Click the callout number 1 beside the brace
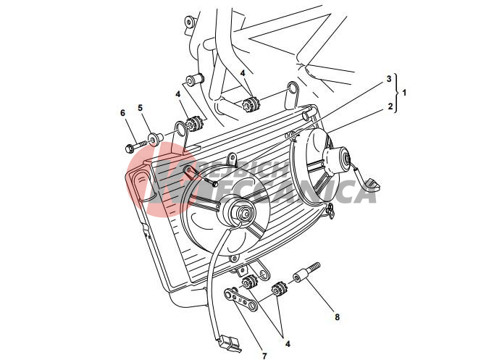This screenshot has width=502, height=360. click(404, 93)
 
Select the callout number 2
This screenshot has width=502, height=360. click(390, 106)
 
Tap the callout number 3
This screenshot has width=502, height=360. click(389, 78)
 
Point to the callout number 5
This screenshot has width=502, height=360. click(141, 108)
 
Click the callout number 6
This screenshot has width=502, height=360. click(122, 112)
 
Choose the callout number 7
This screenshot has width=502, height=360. click(264, 356)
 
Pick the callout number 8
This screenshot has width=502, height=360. click(337, 317)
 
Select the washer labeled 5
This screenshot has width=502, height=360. click(154, 137)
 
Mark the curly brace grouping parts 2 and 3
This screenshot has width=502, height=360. click(396, 93)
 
